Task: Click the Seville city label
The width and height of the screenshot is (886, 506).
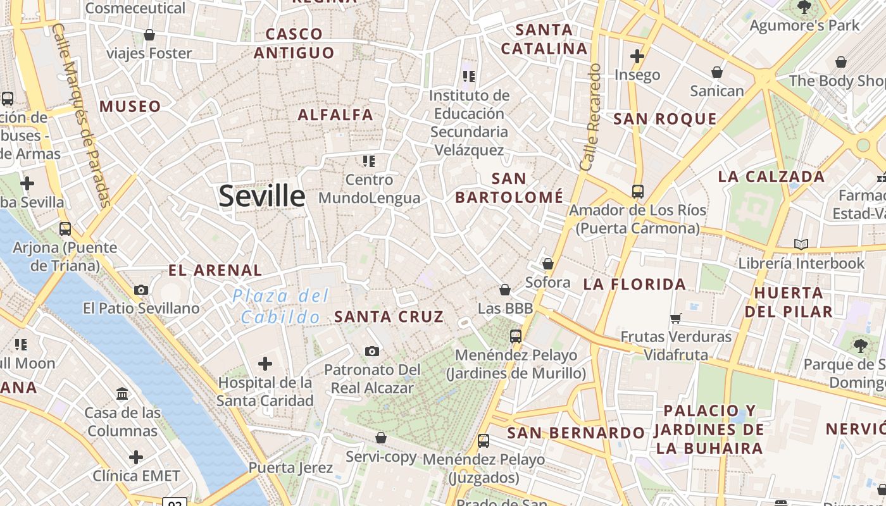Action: pos(262,196)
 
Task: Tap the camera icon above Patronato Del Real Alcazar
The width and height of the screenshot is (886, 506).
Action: pos(372,351)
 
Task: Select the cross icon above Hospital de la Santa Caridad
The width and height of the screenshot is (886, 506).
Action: pos(265,363)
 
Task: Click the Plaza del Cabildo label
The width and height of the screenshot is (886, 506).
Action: pos(280,305)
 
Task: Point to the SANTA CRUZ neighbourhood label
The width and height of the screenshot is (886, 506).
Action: pos(389,317)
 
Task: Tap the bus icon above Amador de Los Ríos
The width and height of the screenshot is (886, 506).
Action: pos(637,191)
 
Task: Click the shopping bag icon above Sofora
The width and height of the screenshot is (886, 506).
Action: pos(548,264)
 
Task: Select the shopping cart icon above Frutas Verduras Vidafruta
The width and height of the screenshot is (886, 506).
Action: pos(675,318)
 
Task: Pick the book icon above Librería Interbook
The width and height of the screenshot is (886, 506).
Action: pos(801,244)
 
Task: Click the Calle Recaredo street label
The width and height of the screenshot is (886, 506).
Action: pos(590,117)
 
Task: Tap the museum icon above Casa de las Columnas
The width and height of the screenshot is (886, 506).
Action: pos(122,394)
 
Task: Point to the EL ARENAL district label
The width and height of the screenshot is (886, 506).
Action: pos(215,271)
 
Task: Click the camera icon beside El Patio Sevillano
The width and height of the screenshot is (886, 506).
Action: pos(141,290)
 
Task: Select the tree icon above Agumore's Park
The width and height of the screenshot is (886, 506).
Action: pos(804,8)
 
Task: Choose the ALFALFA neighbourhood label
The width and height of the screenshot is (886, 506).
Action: pos(335,115)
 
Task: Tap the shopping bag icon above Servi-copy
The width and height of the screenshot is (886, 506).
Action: pos(381,438)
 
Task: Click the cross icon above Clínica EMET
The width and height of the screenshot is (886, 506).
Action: pos(136,457)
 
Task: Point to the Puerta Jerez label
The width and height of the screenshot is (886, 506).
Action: pos(290,468)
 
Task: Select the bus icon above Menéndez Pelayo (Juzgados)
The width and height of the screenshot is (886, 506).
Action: pos(484,440)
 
